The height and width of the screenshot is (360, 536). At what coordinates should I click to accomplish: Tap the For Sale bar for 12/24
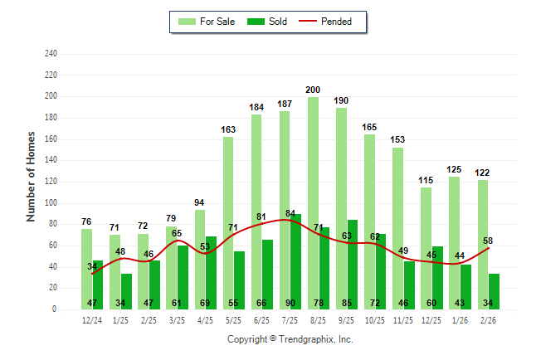87,269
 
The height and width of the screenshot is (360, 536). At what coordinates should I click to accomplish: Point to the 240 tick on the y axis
51,54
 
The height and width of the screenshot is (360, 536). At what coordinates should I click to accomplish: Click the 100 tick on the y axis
51,203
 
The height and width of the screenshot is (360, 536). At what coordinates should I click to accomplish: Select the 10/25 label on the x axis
374,320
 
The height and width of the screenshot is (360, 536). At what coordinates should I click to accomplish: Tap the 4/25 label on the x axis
205,320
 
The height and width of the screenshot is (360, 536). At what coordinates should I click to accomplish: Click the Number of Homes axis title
31,176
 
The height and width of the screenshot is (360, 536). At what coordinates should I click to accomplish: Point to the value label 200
313,90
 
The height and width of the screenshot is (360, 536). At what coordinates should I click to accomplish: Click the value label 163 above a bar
228,129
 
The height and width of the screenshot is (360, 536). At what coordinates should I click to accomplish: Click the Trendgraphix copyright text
290,339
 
